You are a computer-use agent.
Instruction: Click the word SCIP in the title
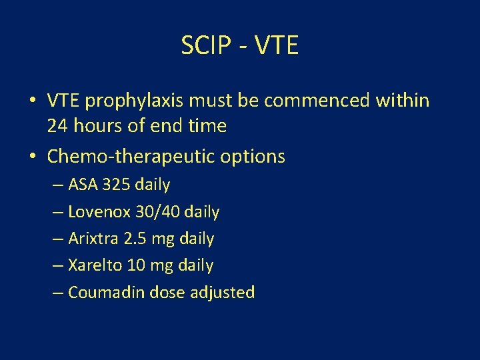(203, 46)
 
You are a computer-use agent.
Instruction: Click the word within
(403, 101)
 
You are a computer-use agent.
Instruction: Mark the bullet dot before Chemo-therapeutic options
(32, 157)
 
